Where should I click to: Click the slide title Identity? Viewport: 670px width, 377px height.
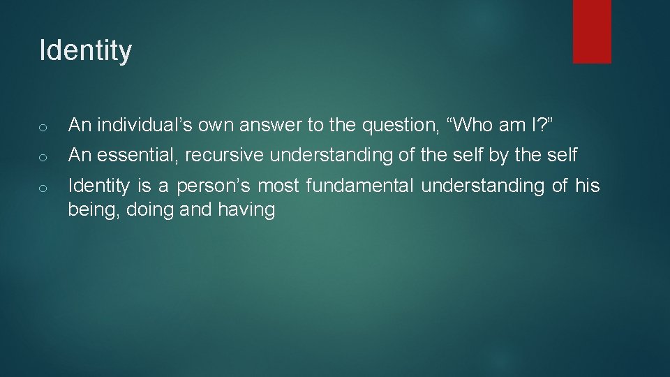pyautogui.click(x=85, y=51)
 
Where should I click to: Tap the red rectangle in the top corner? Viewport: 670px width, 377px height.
pyautogui.click(x=592, y=31)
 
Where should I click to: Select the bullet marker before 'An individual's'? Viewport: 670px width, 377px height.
pyautogui.click(x=43, y=127)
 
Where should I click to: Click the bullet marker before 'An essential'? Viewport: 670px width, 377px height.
pyautogui.click(x=43, y=157)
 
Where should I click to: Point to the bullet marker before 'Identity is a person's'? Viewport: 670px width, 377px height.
pyautogui.click(x=43, y=187)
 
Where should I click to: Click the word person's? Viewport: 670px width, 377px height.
pyautogui.click(x=216, y=186)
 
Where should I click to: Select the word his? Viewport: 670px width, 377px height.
pyautogui.click(x=587, y=186)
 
